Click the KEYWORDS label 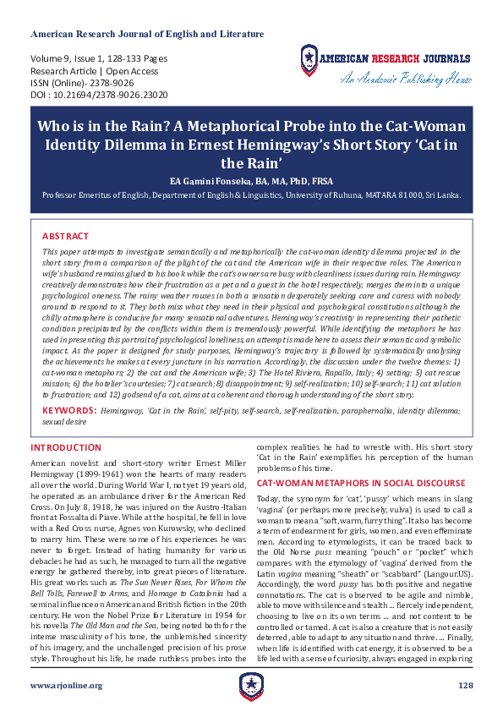coord(68,409)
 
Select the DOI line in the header coord(99,96)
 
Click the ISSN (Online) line coord(82,84)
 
